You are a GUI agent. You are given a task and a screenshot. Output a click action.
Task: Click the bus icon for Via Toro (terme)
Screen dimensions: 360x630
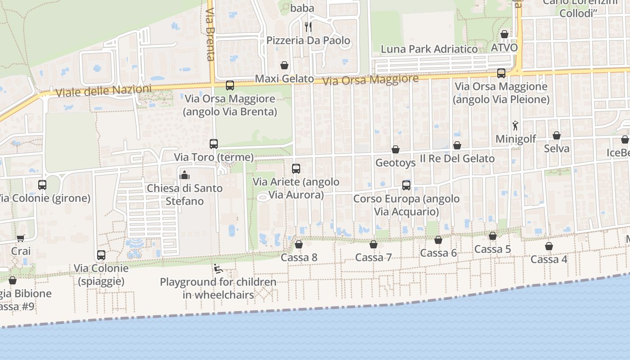click(x=214, y=144)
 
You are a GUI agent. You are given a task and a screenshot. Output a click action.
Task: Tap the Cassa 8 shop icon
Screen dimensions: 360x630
click(x=299, y=244)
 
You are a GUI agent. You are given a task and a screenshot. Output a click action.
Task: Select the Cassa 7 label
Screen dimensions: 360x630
click(x=373, y=257)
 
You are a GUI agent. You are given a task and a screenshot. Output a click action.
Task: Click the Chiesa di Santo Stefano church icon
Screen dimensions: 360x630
click(x=184, y=175)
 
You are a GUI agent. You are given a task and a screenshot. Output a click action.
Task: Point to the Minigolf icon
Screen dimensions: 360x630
click(x=516, y=126)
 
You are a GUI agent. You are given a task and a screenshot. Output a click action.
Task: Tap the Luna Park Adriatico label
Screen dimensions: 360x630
click(x=429, y=49)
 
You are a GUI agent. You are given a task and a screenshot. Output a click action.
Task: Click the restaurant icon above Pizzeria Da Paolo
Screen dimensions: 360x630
click(x=308, y=27)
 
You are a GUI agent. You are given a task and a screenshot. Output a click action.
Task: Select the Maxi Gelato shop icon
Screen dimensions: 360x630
click(x=284, y=65)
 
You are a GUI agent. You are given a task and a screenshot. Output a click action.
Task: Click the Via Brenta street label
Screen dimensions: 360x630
click(x=210, y=34)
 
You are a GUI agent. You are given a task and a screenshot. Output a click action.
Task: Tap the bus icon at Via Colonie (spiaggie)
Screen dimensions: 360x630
click(x=101, y=255)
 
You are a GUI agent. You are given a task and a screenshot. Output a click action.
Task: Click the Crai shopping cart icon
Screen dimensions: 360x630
click(x=20, y=238)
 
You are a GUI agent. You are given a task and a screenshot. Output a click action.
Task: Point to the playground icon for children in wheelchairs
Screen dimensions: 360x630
click(x=218, y=269)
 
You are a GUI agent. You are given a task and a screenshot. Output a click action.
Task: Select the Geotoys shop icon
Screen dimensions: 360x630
click(x=396, y=149)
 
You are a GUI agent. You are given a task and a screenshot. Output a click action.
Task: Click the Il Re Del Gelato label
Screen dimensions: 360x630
click(x=457, y=158)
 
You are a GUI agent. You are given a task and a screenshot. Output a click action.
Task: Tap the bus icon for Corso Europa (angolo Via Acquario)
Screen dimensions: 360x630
click(x=406, y=185)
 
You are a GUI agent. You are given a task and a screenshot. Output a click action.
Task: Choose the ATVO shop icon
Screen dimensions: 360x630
click(x=504, y=34)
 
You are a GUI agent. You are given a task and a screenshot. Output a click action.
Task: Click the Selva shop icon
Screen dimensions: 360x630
click(x=557, y=135)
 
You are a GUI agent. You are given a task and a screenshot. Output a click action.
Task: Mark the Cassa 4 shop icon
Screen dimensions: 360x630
click(x=549, y=246)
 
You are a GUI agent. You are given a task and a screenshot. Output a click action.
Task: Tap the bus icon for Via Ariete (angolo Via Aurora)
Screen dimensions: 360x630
click(x=296, y=169)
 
